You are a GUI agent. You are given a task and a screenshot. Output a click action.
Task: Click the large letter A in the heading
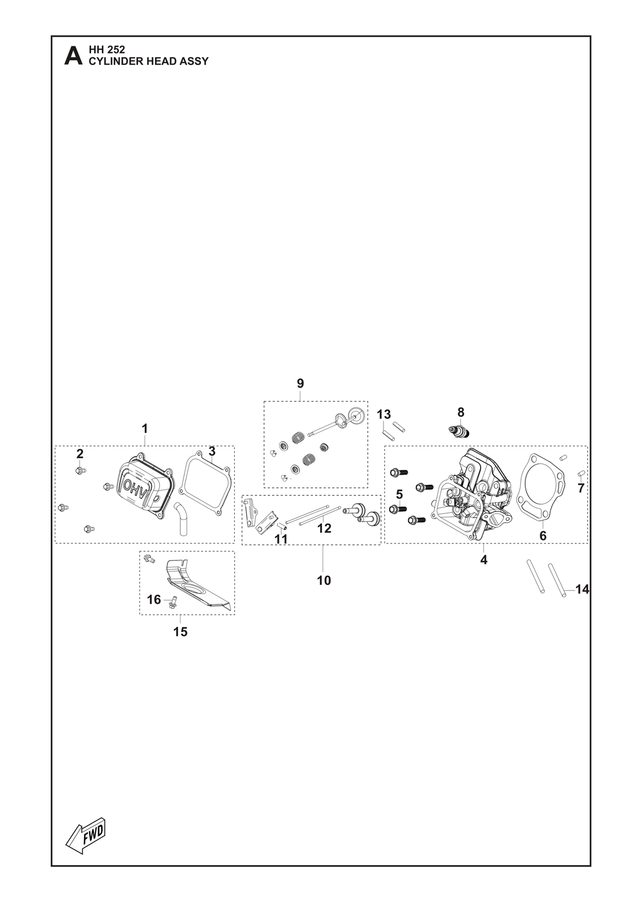73,56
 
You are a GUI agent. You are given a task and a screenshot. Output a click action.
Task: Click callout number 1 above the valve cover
145,428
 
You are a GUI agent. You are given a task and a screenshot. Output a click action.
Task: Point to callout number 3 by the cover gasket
212,451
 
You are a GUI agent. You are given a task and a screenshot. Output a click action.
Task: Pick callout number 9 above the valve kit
300,383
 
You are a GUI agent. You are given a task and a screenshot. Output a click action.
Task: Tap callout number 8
461,412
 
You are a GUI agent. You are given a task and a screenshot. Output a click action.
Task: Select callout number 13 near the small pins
384,414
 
